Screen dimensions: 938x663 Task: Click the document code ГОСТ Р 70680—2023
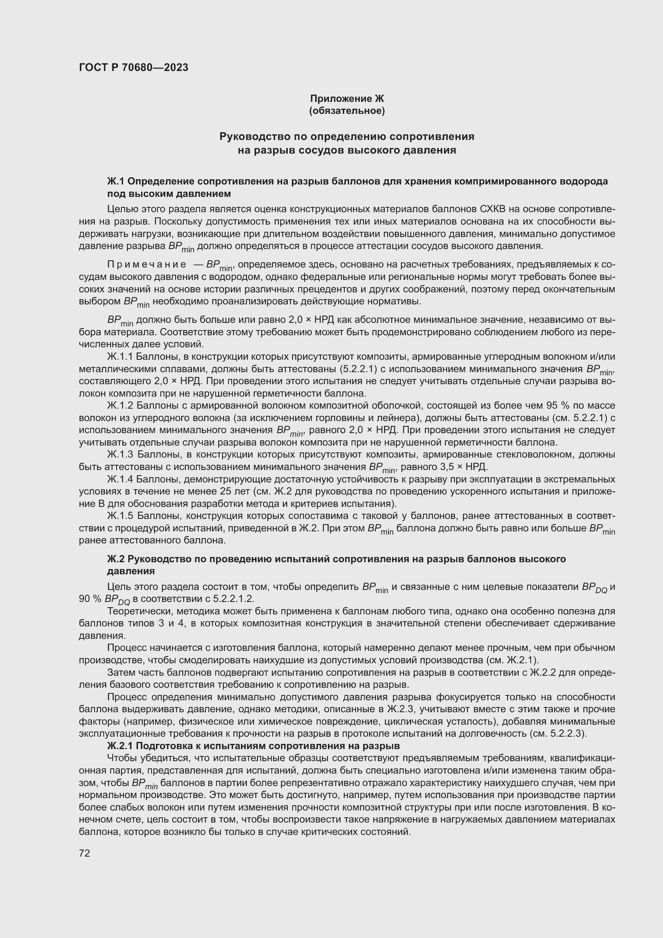pyautogui.click(x=133, y=67)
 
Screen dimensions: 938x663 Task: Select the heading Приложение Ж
pyautogui.click(x=347, y=99)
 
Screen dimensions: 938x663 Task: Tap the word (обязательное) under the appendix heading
pyautogui.click(x=347, y=111)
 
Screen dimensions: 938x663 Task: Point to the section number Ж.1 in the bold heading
pyautogui.click(x=116, y=181)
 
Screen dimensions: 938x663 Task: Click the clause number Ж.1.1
pyautogui.click(x=120, y=357)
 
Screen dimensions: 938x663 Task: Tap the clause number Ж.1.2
pyautogui.click(x=120, y=406)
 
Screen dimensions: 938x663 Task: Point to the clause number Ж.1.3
pyautogui.click(x=120, y=455)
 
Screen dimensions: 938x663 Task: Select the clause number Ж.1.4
pyautogui.click(x=120, y=479)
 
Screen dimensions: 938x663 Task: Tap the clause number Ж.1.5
pyautogui.click(x=120, y=516)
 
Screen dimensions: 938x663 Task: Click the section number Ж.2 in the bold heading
pyautogui.click(x=116, y=559)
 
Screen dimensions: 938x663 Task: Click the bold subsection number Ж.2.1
pyautogui.click(x=120, y=746)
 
